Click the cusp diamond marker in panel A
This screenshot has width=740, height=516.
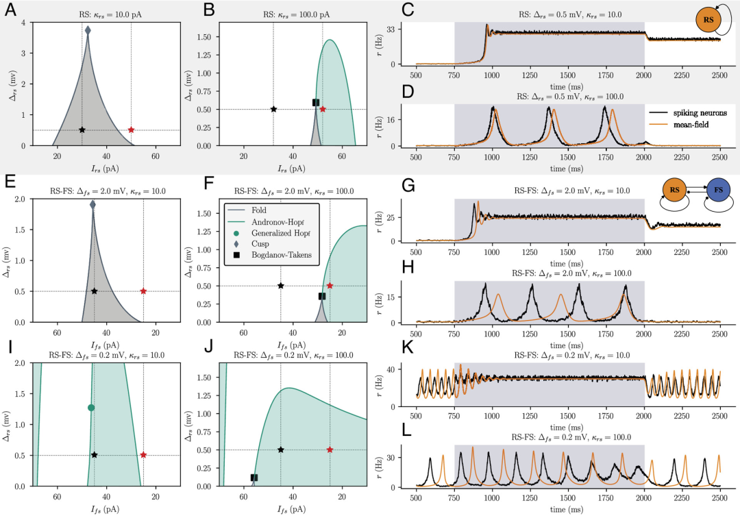[x=88, y=30]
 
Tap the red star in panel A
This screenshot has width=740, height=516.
[x=131, y=130]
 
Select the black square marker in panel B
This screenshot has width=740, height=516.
[x=316, y=102]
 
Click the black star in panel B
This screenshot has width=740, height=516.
[x=273, y=109]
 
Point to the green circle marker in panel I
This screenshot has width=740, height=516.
[x=91, y=408]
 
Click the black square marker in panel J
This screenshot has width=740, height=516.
[x=254, y=478]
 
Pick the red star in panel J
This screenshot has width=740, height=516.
[x=330, y=450]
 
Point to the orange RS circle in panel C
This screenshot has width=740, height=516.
[x=708, y=21]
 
